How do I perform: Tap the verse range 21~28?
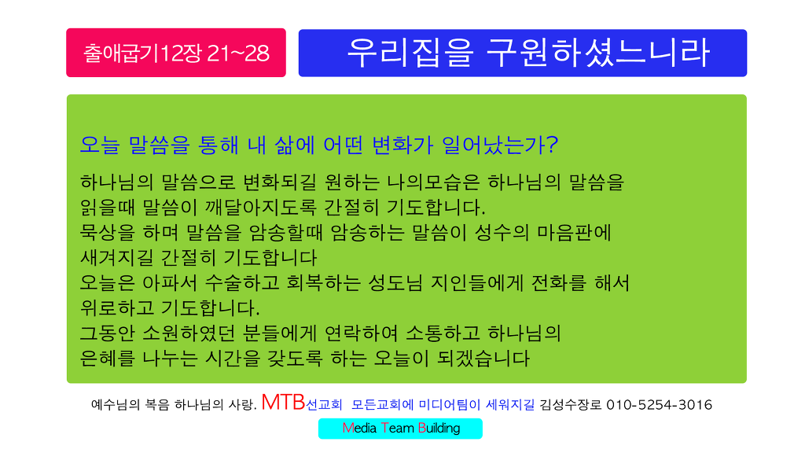click(238, 53)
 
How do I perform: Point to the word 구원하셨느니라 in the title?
click(598, 53)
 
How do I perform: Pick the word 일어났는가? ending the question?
click(500, 145)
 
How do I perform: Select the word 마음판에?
click(574, 233)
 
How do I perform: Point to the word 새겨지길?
click(116, 258)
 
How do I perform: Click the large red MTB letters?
click(283, 402)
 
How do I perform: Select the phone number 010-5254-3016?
click(660, 405)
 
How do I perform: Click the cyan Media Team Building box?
click(400, 429)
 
